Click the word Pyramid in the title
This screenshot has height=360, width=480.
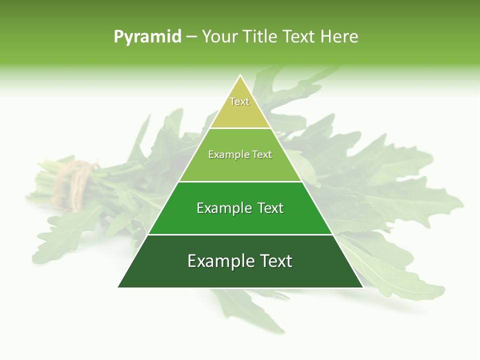147,36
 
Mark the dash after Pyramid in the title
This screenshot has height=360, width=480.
191,37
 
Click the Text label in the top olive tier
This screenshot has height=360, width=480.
239,101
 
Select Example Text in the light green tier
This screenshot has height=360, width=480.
240,154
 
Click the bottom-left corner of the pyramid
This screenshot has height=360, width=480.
118,287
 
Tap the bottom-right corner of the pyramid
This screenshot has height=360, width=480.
362,287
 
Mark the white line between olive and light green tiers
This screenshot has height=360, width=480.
240,128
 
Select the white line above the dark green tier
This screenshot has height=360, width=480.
240,234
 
